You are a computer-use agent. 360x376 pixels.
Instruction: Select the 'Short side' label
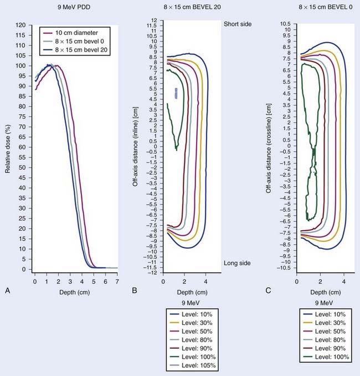238,25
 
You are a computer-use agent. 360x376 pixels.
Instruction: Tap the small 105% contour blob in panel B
177,93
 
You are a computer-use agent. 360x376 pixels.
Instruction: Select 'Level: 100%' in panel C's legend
328,356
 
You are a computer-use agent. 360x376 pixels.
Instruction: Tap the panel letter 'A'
6,289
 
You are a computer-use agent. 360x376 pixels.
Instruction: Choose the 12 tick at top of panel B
155,21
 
